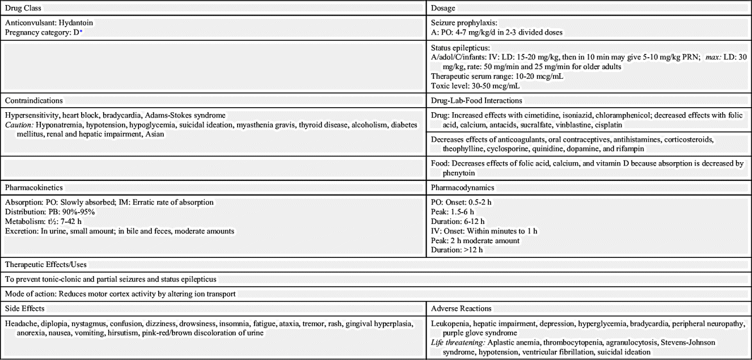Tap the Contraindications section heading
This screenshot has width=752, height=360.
(x=34, y=100)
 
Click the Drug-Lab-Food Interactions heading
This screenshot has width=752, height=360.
(x=476, y=100)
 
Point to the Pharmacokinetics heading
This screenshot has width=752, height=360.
(x=34, y=187)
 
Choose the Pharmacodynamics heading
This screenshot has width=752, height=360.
(x=463, y=187)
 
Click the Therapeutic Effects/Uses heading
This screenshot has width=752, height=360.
(x=47, y=264)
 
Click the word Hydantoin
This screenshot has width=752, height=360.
(x=75, y=23)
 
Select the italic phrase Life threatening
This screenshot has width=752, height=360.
(x=459, y=342)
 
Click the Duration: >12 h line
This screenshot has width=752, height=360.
(x=457, y=250)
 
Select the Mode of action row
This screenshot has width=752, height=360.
(x=120, y=294)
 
